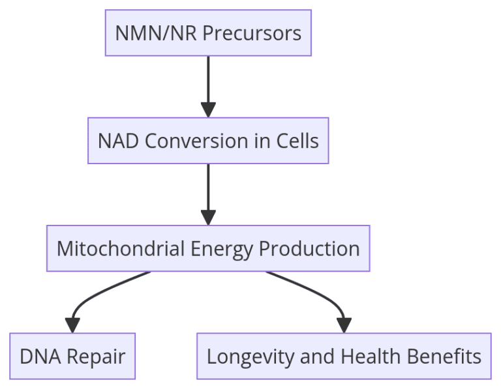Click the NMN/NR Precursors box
click(208, 33)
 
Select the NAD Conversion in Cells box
click(208, 141)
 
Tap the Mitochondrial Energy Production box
click(208, 249)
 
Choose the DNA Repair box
click(72, 356)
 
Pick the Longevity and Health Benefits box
click(344, 356)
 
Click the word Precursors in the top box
click(252, 33)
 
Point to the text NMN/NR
click(156, 33)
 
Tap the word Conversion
click(196, 141)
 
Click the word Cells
click(297, 141)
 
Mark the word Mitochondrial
click(121, 249)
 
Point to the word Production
click(309, 249)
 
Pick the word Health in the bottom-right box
click(371, 356)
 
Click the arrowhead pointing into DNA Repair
click(72, 325)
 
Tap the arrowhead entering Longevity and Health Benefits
click(344, 325)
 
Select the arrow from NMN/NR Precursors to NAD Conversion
click(208, 87)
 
